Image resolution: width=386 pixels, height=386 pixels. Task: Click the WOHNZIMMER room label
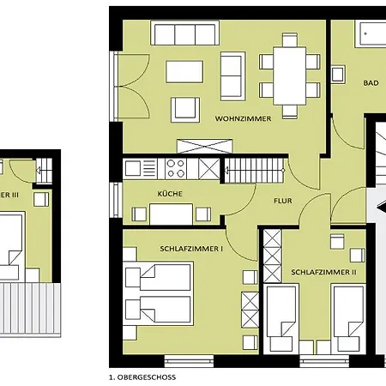pos(243,118)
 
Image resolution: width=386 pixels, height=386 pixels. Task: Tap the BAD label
pos(371,83)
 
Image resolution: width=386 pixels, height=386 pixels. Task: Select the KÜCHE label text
pos(170,194)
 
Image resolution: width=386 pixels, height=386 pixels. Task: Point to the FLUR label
pos(283,201)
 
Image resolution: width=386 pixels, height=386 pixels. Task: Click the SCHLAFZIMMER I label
pos(191,249)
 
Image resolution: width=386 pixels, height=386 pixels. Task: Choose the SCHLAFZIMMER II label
pos(323,272)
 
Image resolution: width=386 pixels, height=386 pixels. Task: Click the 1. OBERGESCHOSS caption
pos(142,377)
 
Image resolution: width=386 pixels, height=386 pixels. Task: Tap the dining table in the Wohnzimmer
pos(290,76)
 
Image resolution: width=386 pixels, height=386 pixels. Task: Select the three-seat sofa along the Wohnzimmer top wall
pos(185,33)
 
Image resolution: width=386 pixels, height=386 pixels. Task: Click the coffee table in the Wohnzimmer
pos(184,72)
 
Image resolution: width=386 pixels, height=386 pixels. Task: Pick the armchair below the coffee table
pos(185,110)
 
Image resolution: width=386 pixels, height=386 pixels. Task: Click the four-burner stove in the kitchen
pos(176,169)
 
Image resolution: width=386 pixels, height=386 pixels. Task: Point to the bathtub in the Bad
pos(371,33)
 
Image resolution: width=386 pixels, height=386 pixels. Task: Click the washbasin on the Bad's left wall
pos(338,75)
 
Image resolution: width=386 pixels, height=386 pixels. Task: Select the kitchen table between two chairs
pos(172,214)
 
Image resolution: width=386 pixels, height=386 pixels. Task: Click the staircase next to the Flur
pos(254,171)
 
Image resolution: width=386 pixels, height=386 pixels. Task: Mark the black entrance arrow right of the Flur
pos(382,206)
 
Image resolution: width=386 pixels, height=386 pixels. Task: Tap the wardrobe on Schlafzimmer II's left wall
pos(272,256)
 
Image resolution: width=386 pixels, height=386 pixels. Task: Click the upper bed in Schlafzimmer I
pos(158,277)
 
